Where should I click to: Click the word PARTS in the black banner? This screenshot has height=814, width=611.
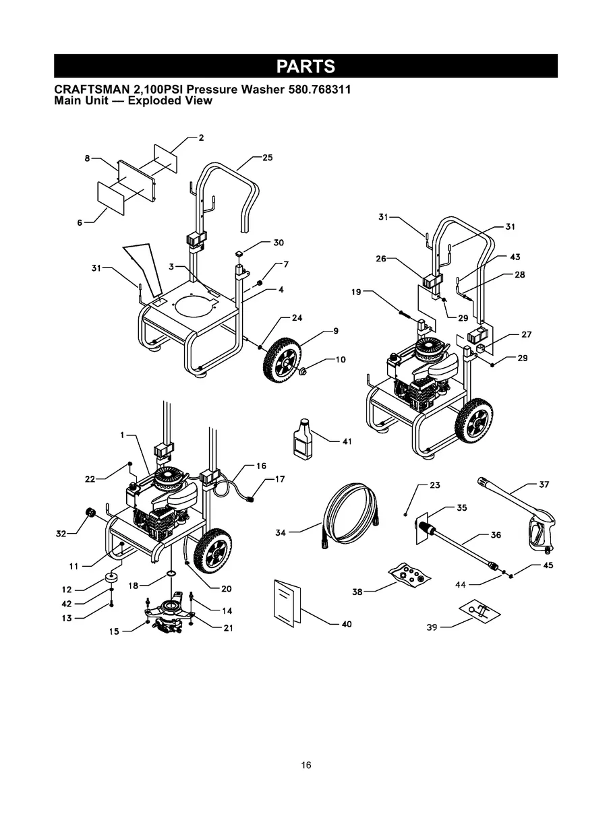[305, 67]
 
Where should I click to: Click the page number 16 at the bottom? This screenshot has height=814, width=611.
[306, 765]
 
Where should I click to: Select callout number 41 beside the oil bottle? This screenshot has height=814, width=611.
[347, 441]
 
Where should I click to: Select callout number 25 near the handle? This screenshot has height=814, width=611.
[267, 158]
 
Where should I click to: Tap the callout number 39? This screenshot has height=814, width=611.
[432, 627]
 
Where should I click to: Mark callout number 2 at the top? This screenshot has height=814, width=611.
[201, 137]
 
